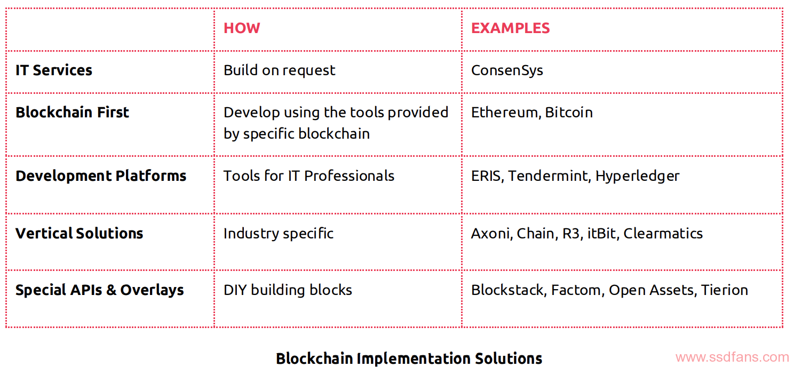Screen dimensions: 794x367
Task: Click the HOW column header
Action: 242,28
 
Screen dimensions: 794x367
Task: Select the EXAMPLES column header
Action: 511,28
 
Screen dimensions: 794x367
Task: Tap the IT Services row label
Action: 54,70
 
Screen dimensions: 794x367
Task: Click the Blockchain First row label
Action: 73,113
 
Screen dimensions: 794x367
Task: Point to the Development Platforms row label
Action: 101,175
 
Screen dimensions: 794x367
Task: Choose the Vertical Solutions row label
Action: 80,233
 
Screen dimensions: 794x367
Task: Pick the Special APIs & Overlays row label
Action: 100,290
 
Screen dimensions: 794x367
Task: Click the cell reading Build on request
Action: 279,70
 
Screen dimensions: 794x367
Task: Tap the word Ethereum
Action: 505,113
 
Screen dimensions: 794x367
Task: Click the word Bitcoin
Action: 569,113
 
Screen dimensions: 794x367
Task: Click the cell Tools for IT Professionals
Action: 309,175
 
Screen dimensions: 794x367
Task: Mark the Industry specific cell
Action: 279,234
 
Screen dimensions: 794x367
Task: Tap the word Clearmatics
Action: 663,234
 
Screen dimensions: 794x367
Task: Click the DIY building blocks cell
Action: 288,290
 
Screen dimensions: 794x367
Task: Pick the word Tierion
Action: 725,290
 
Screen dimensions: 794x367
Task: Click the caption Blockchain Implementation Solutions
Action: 409,358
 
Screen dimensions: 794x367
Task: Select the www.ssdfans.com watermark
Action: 732,357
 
